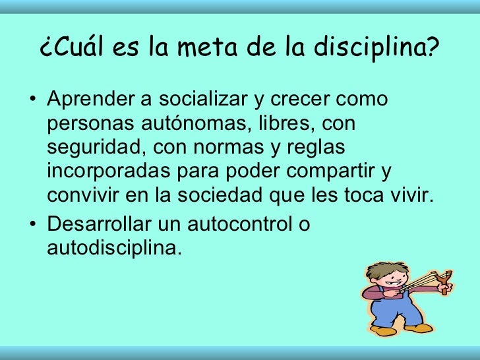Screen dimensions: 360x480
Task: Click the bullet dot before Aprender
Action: pos(34,100)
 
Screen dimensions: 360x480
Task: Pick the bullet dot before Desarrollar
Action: pos(34,225)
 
